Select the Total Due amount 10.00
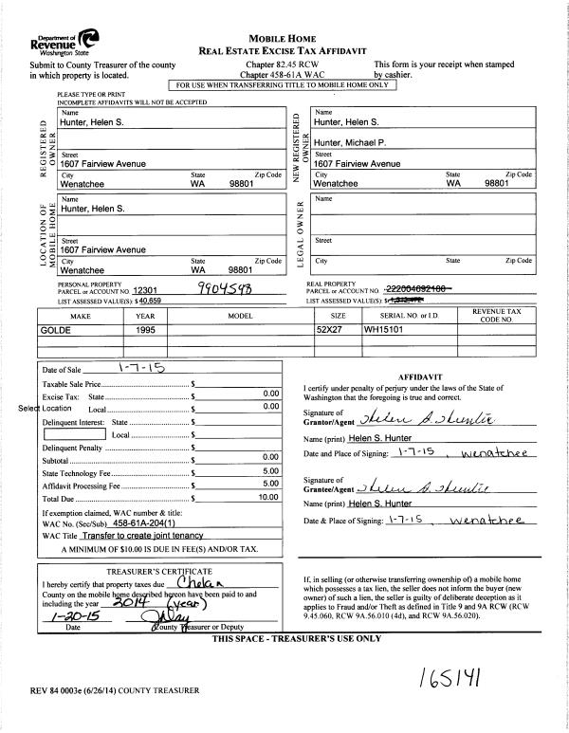267,496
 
